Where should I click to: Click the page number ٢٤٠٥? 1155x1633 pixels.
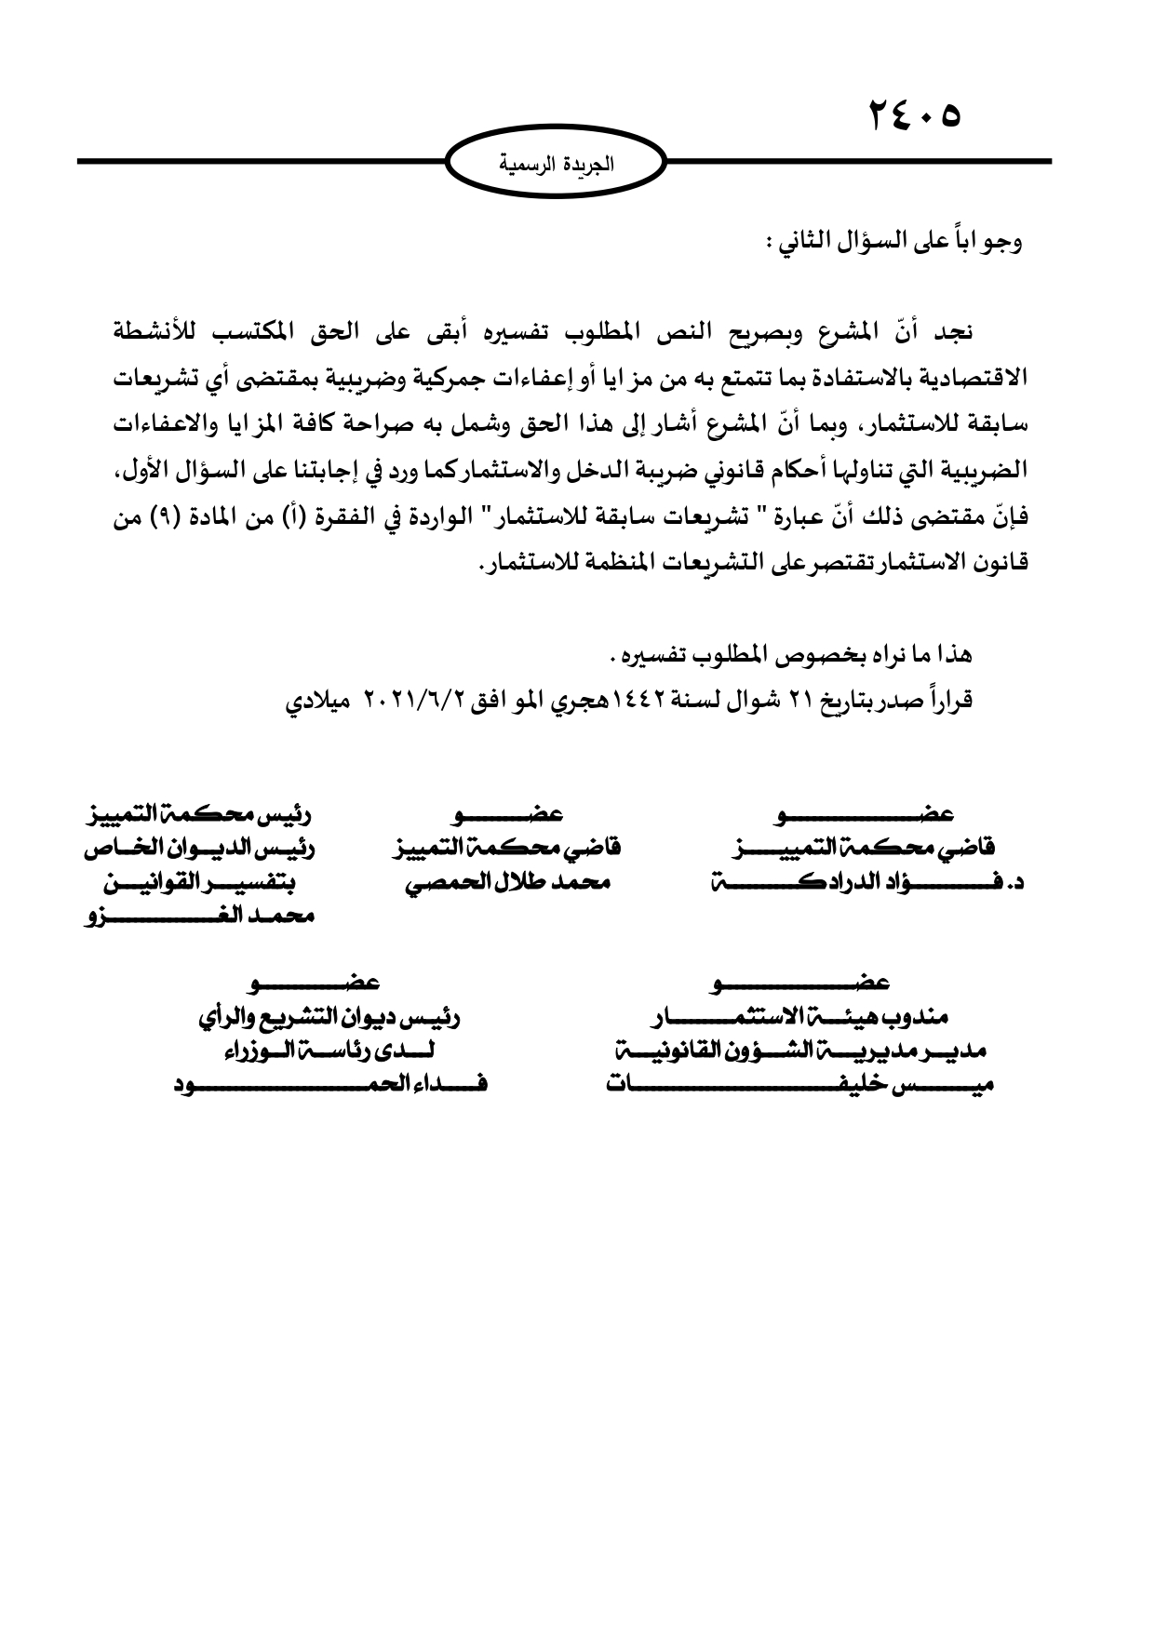pos(914,115)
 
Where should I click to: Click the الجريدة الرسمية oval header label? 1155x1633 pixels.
pos(557,165)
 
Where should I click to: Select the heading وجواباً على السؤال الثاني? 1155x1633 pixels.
pos(893,245)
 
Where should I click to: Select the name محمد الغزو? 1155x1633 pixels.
pos(196,916)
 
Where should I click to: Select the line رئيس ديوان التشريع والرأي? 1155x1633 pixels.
pos(330,1018)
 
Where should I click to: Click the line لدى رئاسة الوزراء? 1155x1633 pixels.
pos(330,1051)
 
